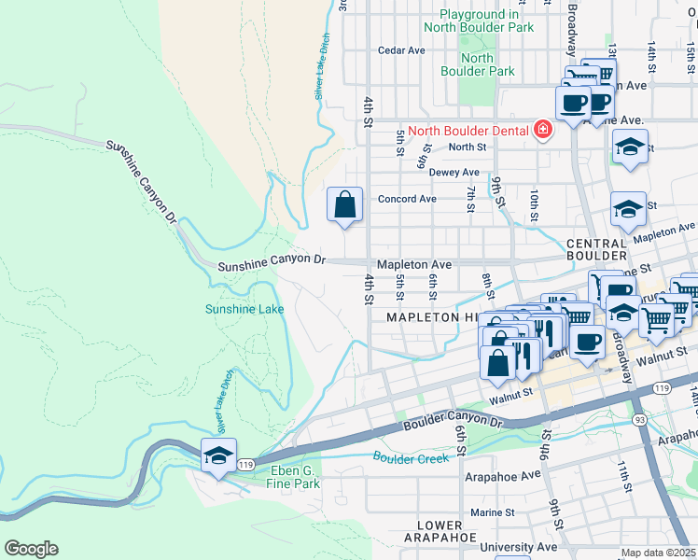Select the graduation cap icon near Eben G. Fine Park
pos(218,455)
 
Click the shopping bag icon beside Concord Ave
pos(345,203)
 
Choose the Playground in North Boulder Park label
pos(479,21)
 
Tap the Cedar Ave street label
pos(402,50)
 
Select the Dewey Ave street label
pos(454,173)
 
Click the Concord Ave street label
pos(407,199)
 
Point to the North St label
pos(468,147)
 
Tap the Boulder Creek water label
pos(412,457)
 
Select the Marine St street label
pos(492,512)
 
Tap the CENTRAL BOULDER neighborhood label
pos(596,249)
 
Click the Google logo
pos(31,548)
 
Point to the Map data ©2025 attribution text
pos(658,553)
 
